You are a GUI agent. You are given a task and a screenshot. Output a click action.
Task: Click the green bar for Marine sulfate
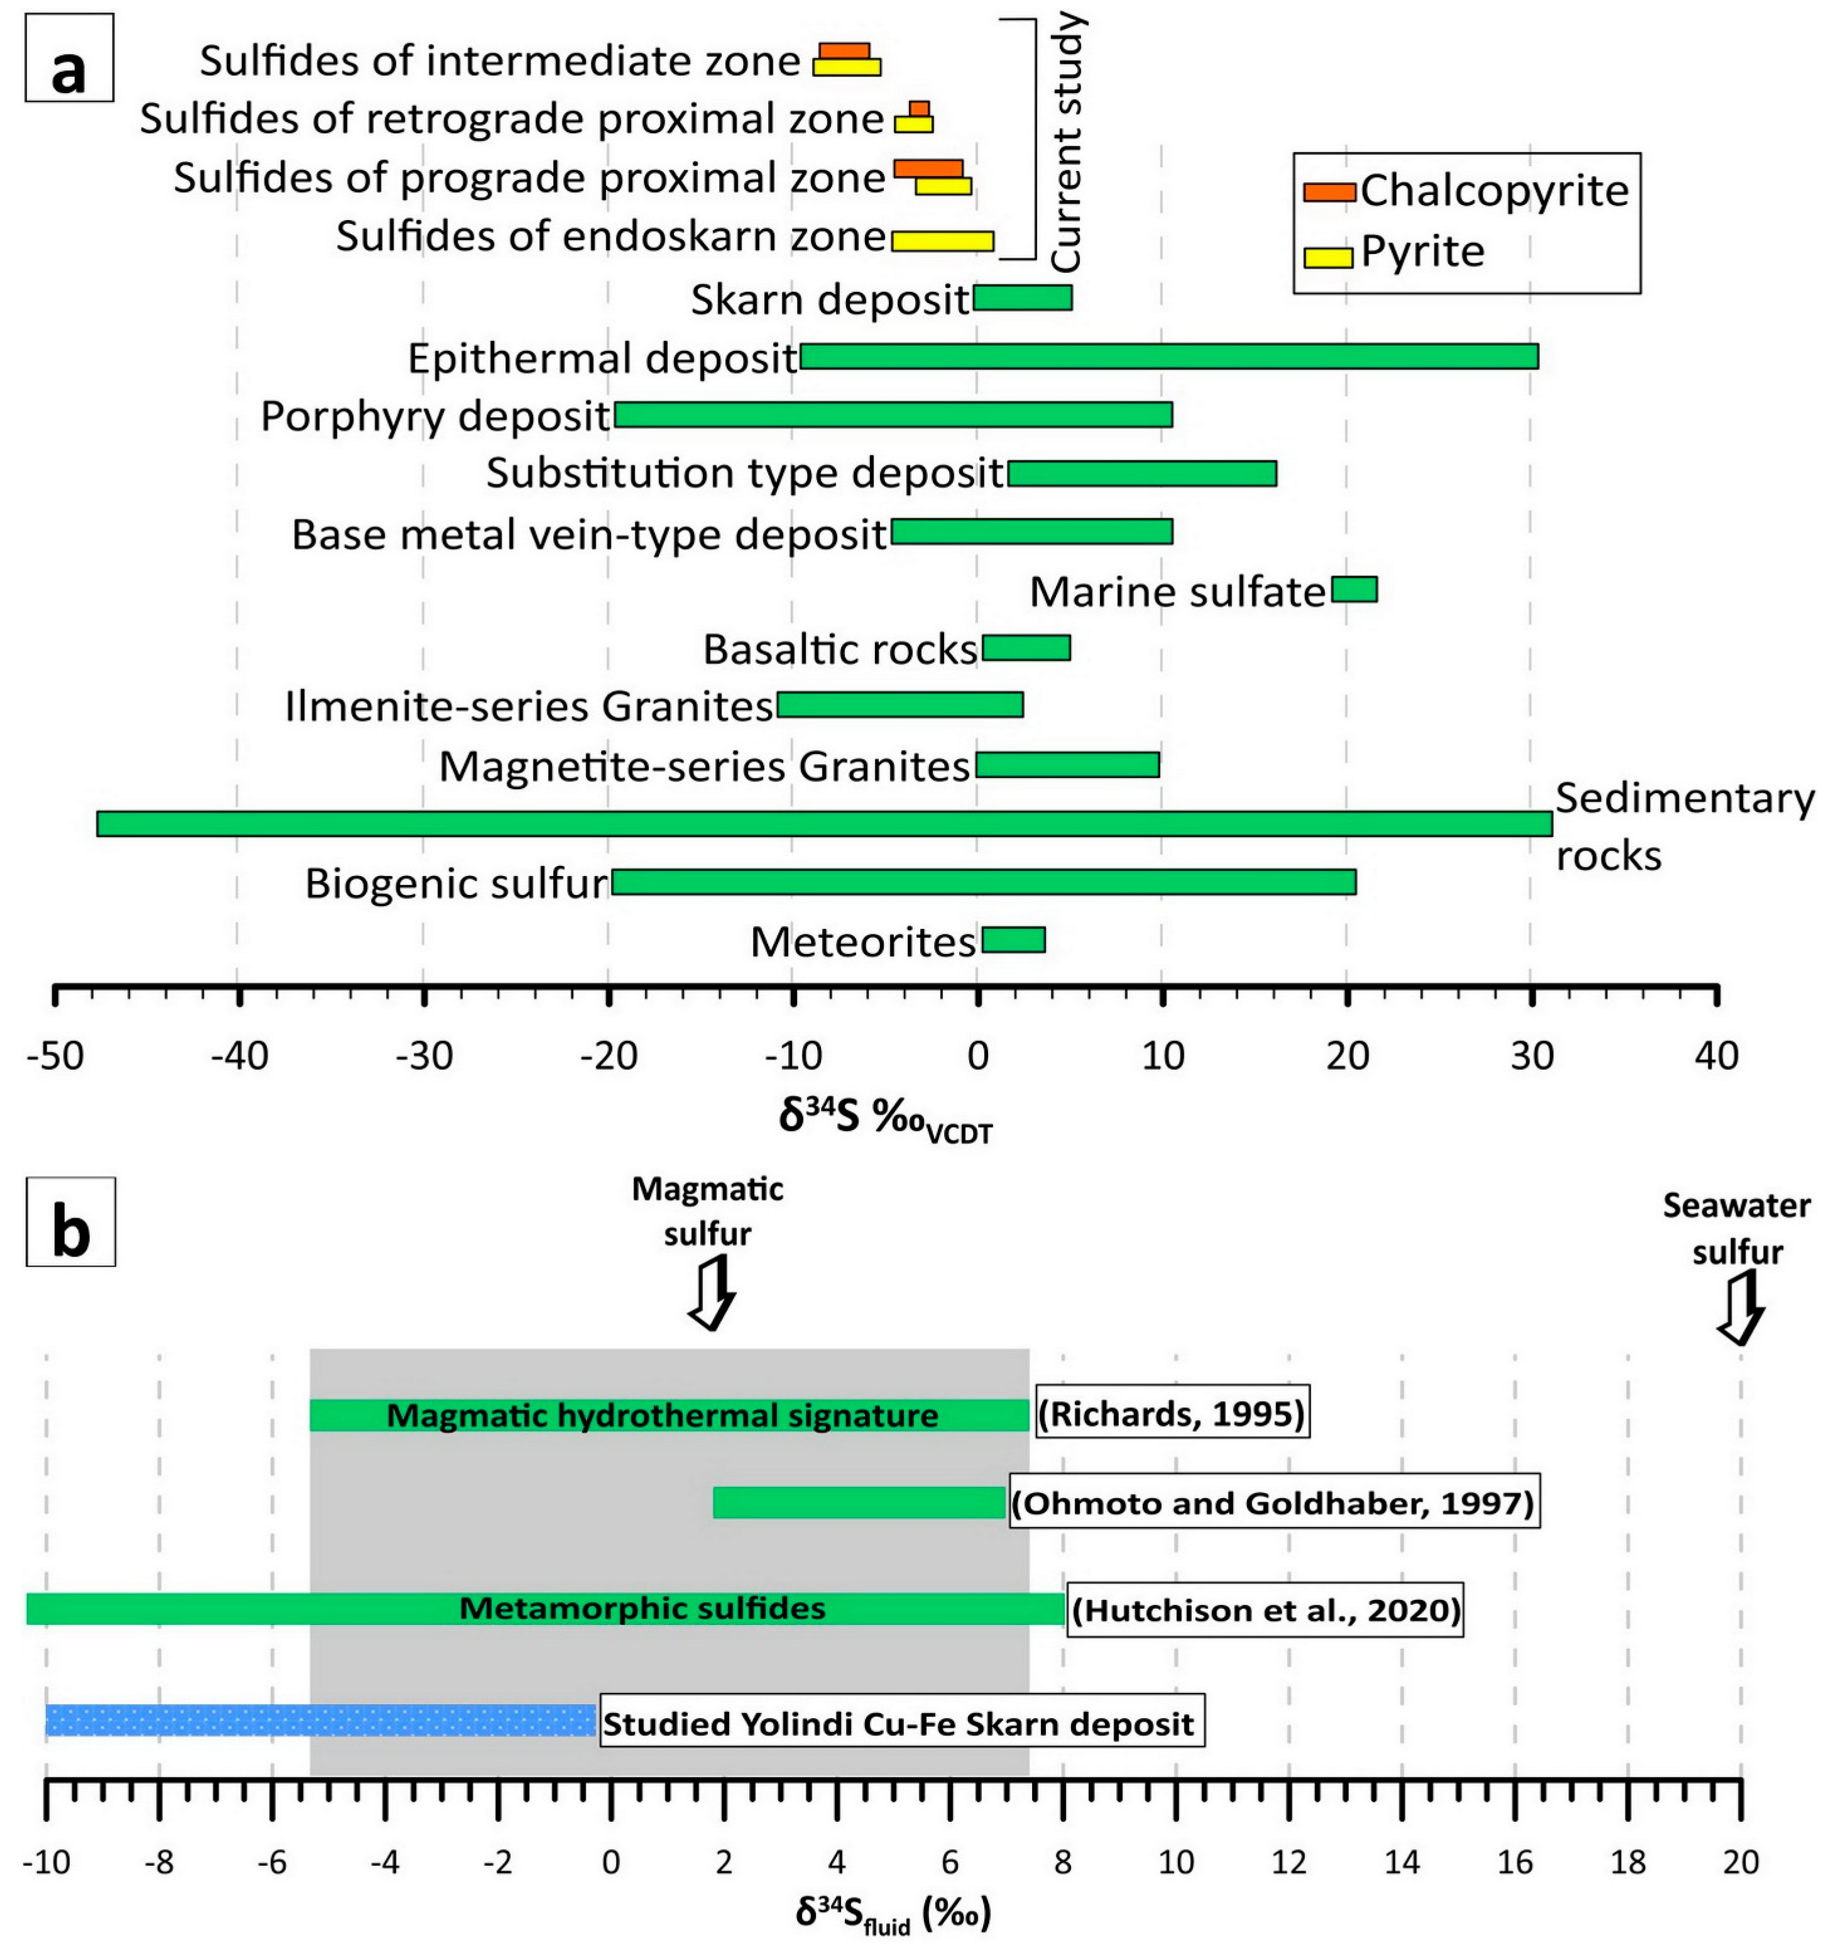pos(1354,590)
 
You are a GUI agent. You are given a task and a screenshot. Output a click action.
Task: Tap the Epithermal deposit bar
pos(1169,357)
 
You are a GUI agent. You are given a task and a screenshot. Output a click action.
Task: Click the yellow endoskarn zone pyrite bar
pos(942,241)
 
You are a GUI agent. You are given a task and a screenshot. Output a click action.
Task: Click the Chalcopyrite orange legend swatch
pos(1329,192)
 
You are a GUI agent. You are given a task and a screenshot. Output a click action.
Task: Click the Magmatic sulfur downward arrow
pos(712,1293)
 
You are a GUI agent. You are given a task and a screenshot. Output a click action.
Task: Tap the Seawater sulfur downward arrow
pos(1740,1309)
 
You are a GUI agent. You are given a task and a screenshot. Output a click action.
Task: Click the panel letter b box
pos(70,1223)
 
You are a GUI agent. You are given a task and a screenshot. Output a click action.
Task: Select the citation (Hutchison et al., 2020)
pos(1265,1610)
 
